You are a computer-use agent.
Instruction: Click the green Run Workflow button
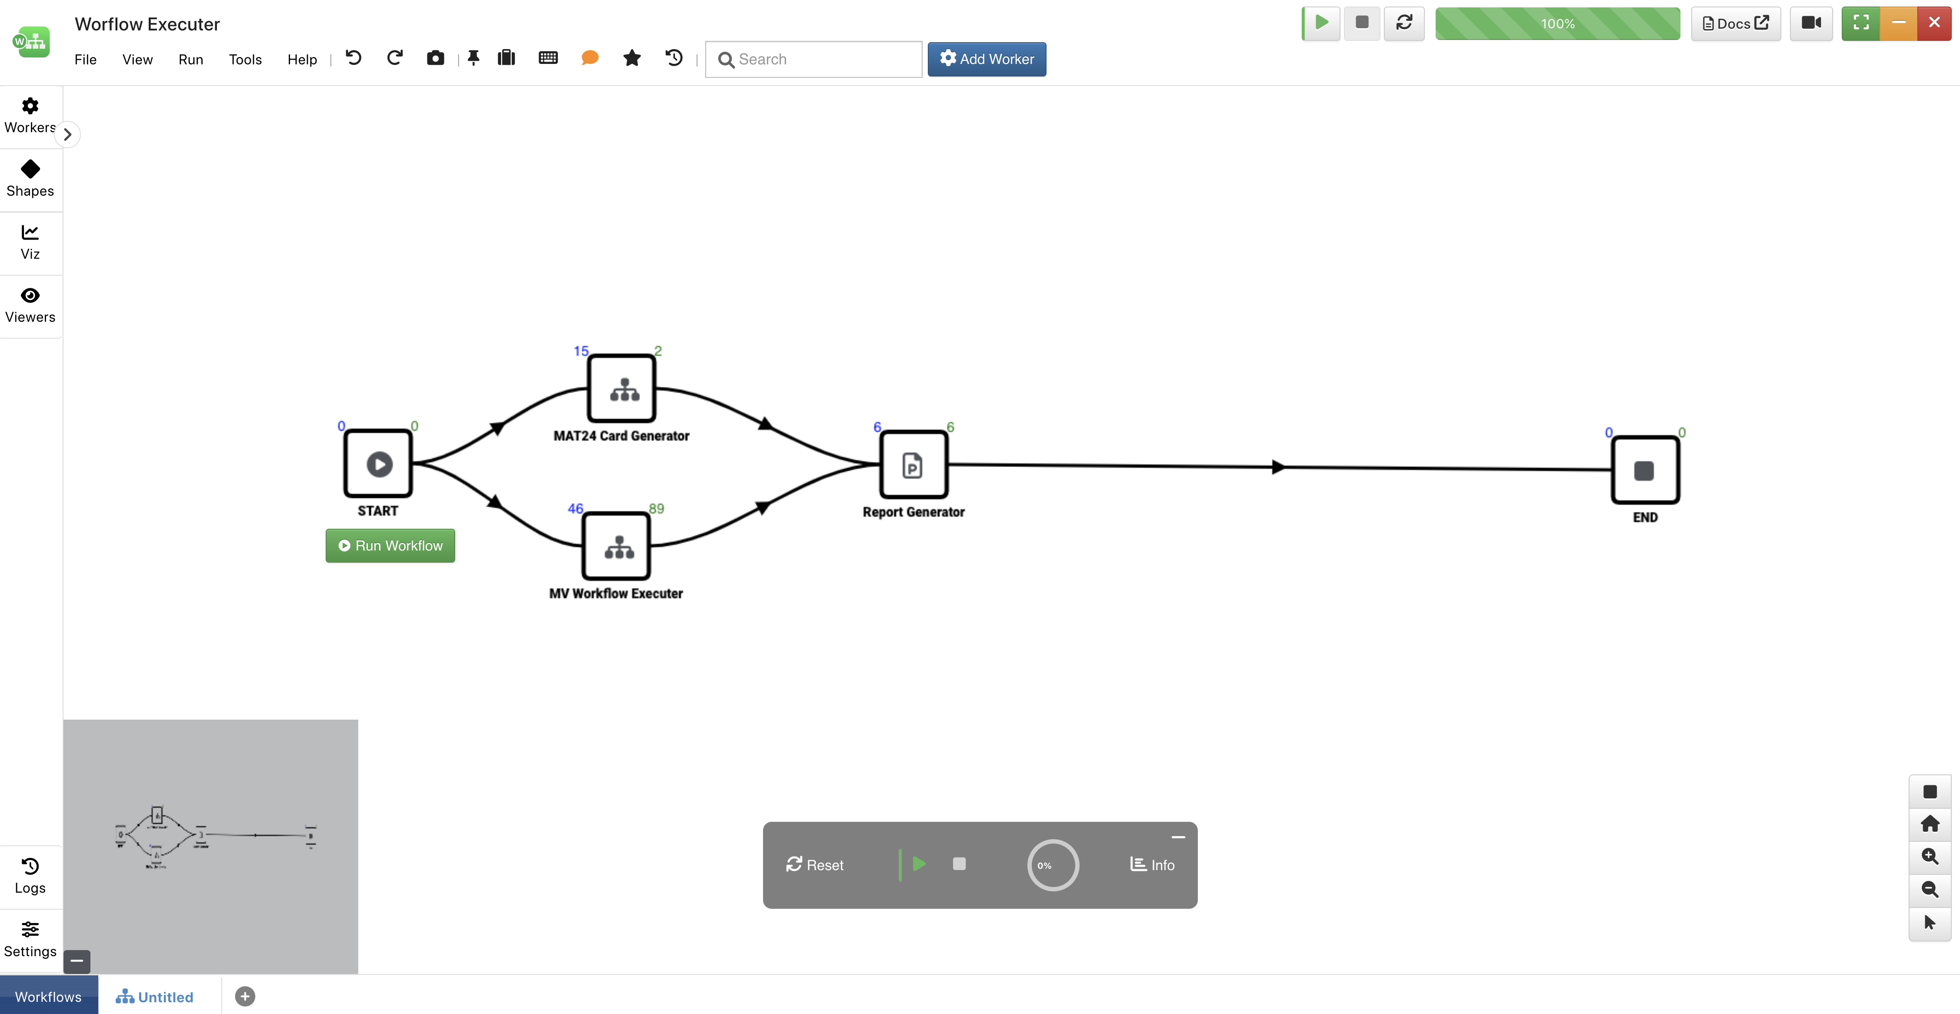click(x=390, y=545)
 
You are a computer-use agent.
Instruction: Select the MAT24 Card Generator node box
click(x=622, y=389)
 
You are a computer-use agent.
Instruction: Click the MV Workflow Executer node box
click(x=617, y=546)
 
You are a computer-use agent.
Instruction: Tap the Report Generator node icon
click(x=912, y=466)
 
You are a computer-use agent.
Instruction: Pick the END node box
click(x=1645, y=470)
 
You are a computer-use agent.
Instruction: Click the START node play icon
click(x=379, y=464)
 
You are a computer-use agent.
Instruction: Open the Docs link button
click(x=1736, y=23)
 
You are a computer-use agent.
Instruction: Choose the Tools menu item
click(x=245, y=59)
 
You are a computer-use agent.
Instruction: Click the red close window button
click(x=1934, y=23)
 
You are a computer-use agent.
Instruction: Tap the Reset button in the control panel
click(x=815, y=865)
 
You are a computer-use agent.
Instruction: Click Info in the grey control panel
click(x=1152, y=865)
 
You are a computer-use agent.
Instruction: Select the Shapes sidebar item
click(x=30, y=179)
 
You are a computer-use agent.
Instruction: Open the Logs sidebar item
click(x=30, y=876)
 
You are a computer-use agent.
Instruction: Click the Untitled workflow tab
click(x=154, y=997)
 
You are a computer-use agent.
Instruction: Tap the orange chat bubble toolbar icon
click(x=590, y=58)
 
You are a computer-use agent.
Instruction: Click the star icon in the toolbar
click(x=631, y=58)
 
